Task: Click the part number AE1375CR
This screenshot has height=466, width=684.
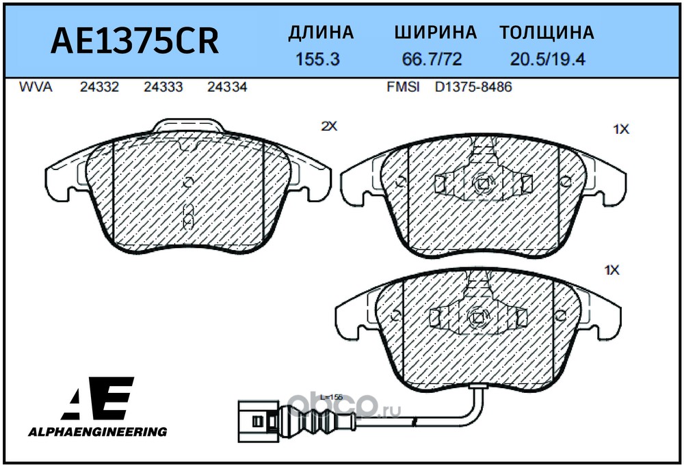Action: coord(135,41)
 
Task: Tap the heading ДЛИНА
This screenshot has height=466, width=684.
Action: coord(321,33)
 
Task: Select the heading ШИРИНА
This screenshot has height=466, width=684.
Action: coord(435,33)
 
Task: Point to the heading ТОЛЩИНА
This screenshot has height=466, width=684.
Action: coord(547,33)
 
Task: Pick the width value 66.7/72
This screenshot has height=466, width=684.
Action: coord(432,59)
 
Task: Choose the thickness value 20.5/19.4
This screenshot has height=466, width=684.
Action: coord(547,59)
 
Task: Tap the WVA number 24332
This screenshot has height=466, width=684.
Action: coord(100,87)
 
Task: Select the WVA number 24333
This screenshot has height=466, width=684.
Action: coord(163,87)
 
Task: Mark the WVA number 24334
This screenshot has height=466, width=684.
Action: coord(227,87)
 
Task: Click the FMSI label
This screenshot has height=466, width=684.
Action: coord(404,87)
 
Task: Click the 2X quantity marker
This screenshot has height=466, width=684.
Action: coord(330,126)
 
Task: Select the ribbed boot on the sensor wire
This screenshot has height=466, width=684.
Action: coord(319,413)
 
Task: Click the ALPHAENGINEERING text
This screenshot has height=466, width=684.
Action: coord(96,431)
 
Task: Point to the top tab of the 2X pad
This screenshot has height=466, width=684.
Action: coord(188,126)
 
